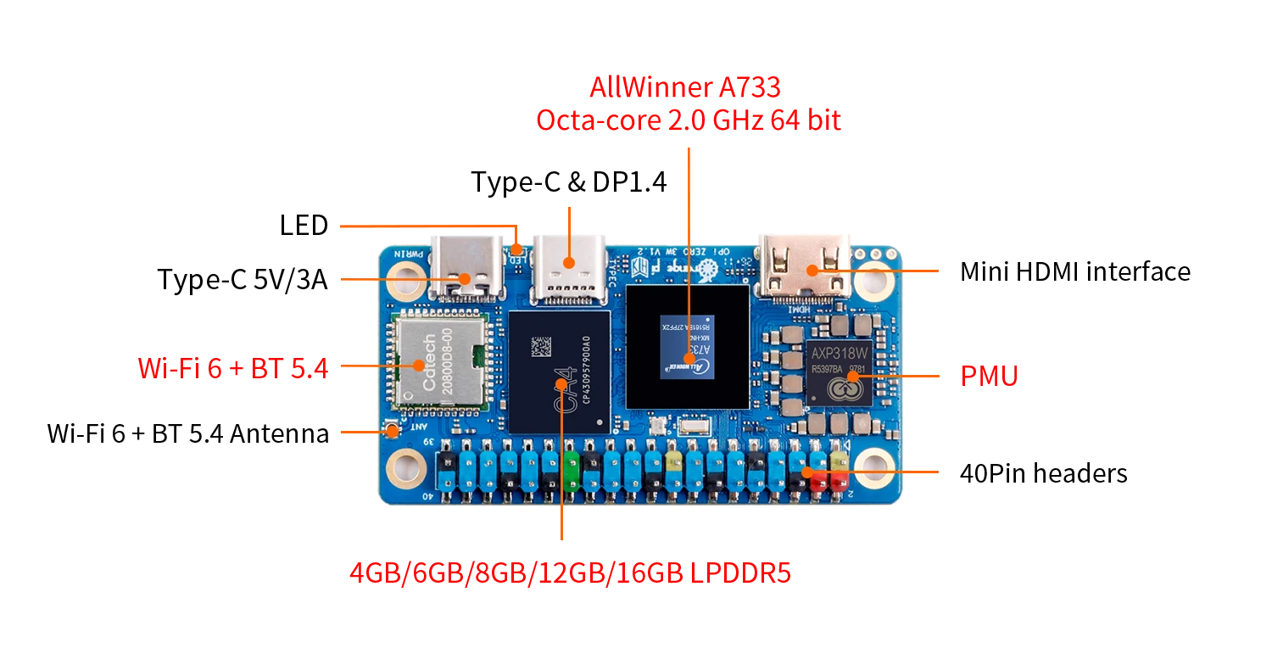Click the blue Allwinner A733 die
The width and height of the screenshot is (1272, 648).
point(687,347)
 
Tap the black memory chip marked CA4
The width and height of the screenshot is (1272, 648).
point(559,372)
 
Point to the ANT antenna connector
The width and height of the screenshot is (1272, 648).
point(393,430)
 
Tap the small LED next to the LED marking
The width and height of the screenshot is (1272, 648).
point(517,249)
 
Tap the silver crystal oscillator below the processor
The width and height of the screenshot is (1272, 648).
point(693,428)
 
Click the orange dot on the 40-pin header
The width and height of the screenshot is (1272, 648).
point(807,472)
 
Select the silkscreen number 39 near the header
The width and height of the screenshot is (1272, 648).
point(429,443)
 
